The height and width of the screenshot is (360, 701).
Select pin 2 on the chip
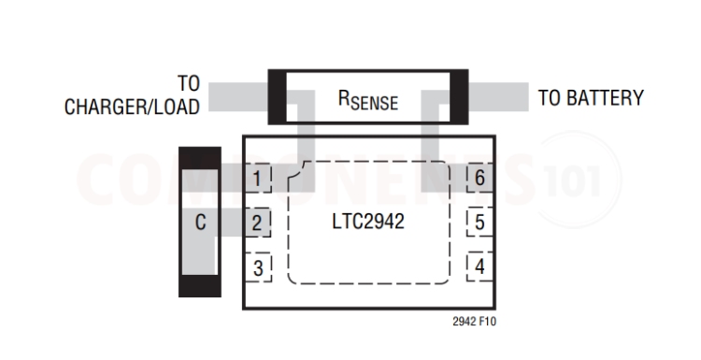point(258,223)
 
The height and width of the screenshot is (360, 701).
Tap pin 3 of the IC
point(258,267)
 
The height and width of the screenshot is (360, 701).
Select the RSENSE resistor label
point(367,99)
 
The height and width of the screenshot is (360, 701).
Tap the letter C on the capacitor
point(200,223)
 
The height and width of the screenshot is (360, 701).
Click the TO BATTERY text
point(590,98)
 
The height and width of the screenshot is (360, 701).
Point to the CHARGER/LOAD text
point(132,108)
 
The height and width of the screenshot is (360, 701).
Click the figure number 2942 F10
point(474,321)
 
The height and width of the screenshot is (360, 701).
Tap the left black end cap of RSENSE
point(278,96)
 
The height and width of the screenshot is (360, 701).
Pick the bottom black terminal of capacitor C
point(199,285)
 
